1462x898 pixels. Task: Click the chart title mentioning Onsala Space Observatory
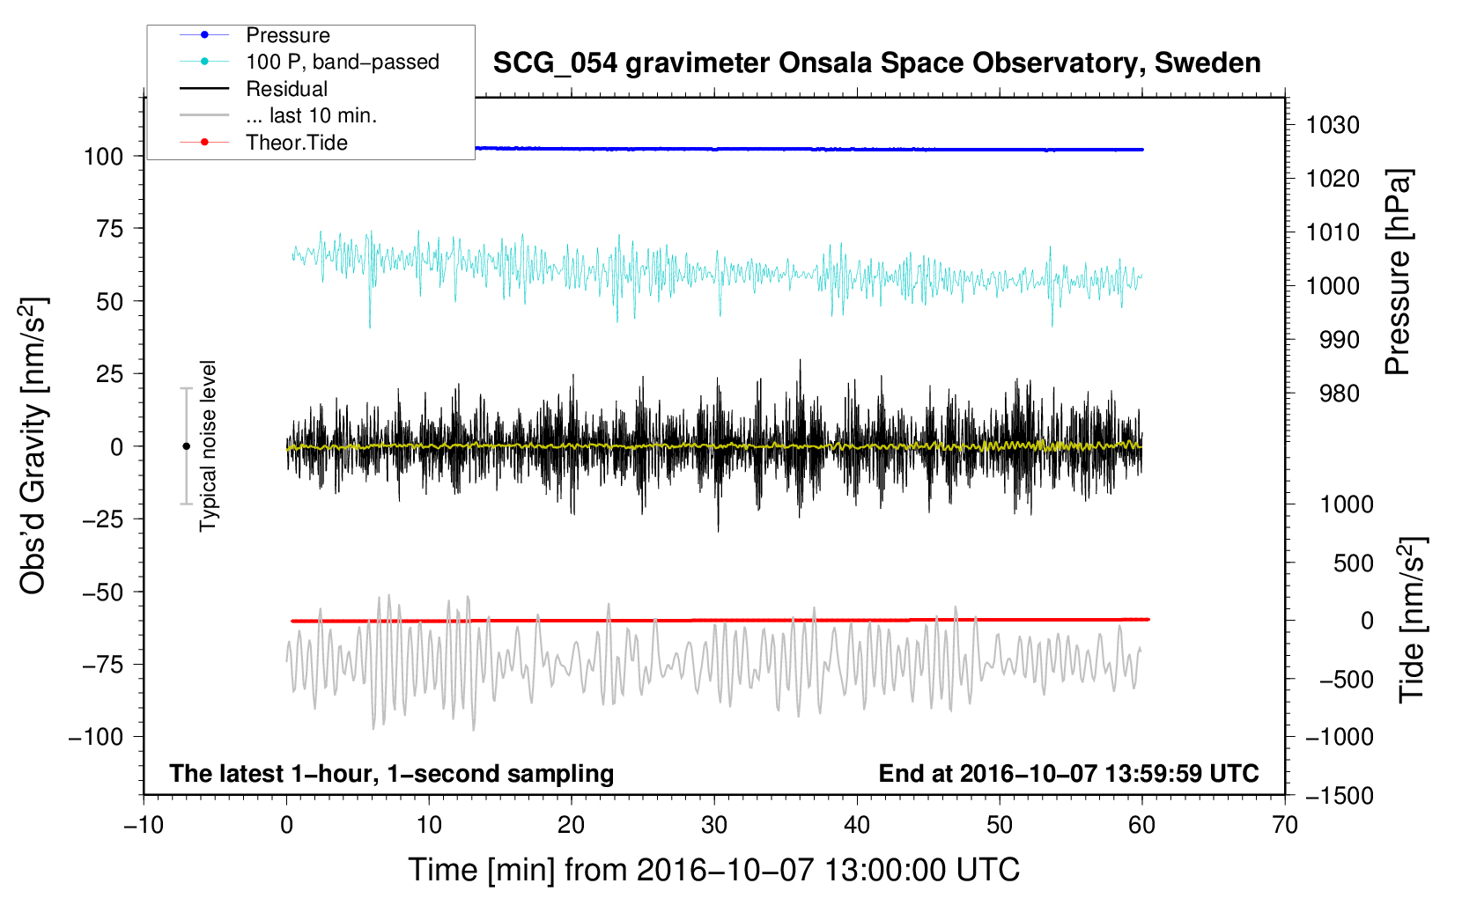point(876,63)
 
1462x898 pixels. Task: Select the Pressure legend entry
point(287,35)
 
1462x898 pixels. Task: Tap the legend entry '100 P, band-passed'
point(342,62)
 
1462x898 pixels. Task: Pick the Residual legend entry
point(286,89)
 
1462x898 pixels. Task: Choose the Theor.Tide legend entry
point(296,143)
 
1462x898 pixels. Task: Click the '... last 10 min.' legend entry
point(311,115)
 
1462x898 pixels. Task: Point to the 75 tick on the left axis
point(110,229)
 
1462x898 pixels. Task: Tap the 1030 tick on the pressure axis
point(1332,125)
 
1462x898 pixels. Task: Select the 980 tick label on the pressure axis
point(1339,394)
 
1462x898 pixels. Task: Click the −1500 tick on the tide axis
point(1339,796)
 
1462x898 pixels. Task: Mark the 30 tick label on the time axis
point(714,825)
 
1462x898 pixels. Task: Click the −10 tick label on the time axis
point(144,825)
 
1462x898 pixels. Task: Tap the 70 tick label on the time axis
point(1285,825)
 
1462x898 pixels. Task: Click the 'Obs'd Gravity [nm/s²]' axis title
point(33,446)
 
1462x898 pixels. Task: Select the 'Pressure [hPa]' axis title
point(1399,273)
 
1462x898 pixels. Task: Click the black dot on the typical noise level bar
point(186,446)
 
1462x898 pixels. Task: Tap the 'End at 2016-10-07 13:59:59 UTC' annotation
point(1068,773)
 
